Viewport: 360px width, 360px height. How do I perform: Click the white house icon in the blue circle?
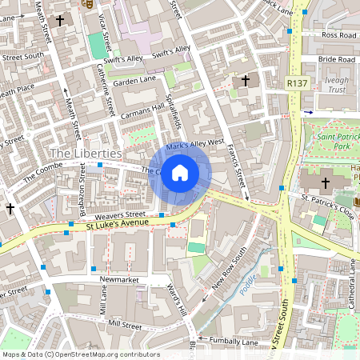(x=180, y=173)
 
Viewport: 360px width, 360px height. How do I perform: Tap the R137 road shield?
(x=296, y=81)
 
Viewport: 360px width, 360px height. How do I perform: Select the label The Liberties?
(x=86, y=153)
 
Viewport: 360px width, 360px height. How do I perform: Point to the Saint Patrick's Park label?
(x=335, y=142)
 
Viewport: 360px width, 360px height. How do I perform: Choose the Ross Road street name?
(x=338, y=36)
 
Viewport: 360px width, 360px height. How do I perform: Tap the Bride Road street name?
(x=336, y=60)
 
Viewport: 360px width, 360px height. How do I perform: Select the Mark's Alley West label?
(x=194, y=144)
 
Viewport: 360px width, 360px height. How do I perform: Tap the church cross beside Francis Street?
(x=246, y=81)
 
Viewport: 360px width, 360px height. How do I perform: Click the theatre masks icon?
(x=88, y=4)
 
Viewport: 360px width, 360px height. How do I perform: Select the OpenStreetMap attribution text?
(x=81, y=354)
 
